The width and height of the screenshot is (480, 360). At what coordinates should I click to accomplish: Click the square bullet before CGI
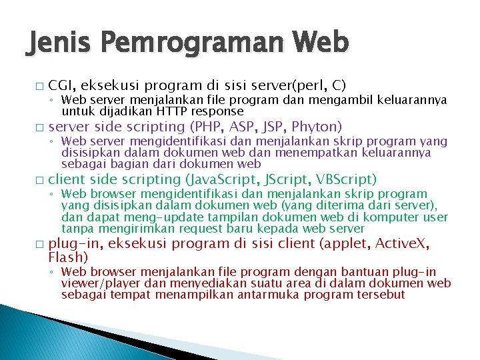39,87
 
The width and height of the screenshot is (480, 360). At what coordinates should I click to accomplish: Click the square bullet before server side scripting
39,127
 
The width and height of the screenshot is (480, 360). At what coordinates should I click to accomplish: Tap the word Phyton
316,127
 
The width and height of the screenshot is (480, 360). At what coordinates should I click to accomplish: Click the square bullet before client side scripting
39,180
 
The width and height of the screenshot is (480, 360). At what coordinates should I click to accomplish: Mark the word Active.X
402,243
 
